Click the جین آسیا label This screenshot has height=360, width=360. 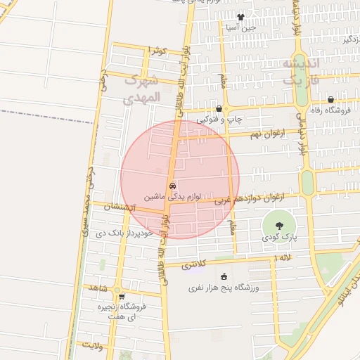tap(241, 27)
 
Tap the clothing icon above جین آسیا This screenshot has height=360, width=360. tap(241, 18)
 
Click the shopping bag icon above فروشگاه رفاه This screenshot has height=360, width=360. tap(330, 100)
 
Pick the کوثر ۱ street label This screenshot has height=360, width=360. tap(157, 51)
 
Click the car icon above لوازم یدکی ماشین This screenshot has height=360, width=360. tap(173, 186)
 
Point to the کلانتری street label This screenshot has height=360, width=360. tap(195, 265)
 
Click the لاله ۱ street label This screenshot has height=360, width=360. tap(284, 259)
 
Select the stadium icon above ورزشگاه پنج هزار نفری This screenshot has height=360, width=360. tap(224, 277)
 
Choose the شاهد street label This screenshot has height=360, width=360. tap(96, 288)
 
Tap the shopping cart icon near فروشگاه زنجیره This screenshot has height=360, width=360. tap(122, 297)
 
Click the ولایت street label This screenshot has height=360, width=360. tap(93, 345)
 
